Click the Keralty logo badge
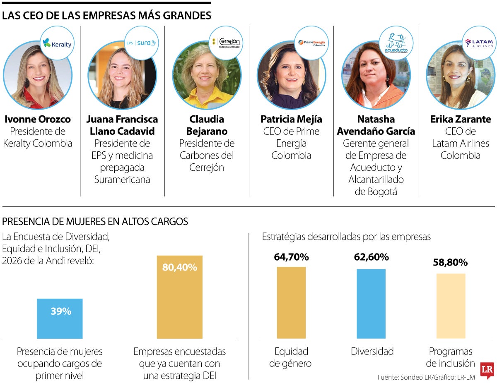point(57,43)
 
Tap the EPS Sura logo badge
point(142,43)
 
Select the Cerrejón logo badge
point(226,43)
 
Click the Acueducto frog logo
point(396,43)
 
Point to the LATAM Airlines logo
point(479,43)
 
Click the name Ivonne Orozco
point(38,120)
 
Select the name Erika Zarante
point(461,120)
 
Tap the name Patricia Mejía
point(291,120)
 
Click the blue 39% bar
point(60,318)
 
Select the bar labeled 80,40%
point(179,298)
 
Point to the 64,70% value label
point(291,257)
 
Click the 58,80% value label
point(450,263)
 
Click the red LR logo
point(487,370)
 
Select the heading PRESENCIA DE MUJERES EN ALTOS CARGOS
point(95,222)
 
